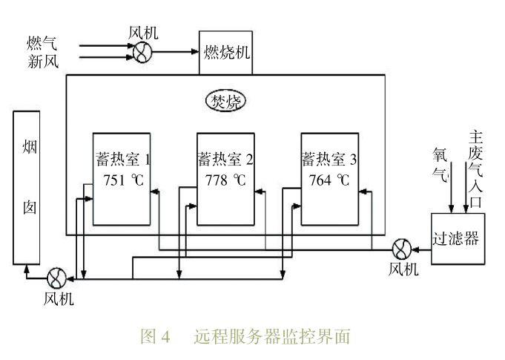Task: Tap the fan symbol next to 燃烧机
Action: pos(142,50)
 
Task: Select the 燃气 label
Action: pos(43,44)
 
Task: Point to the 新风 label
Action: pos(43,62)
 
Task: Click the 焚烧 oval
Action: pos(227,100)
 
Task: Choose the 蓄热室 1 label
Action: pos(123,160)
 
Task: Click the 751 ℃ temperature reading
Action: pos(123,180)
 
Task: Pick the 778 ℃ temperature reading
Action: pos(226,180)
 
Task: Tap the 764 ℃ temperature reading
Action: pos(330,180)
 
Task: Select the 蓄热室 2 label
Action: pos(226,160)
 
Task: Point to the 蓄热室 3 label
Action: pos(330,160)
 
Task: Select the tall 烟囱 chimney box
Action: pos(27,187)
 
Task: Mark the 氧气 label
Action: pos(441,164)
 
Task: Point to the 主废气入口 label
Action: pos(475,170)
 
